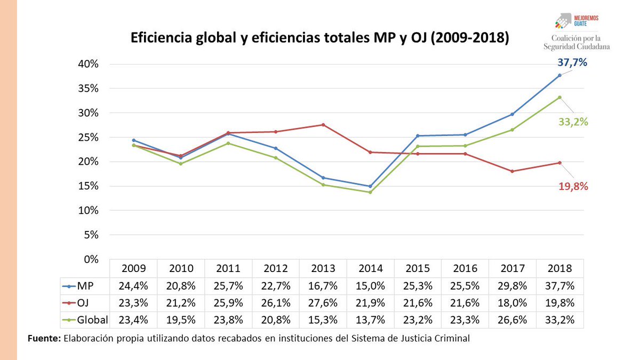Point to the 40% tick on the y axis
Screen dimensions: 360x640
[x=88, y=64]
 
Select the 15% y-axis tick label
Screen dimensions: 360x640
[x=88, y=186]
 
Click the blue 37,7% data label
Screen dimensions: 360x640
[x=572, y=63]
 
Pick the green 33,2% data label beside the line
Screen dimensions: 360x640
[x=573, y=122]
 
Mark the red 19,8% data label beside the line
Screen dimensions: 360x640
[x=573, y=186]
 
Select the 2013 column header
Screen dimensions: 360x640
[x=323, y=268]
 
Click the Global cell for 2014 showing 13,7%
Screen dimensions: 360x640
[x=371, y=319]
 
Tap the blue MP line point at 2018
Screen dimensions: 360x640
[x=559, y=75]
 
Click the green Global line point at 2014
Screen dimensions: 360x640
[x=370, y=192]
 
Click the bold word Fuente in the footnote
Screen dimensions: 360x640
[x=44, y=338]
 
